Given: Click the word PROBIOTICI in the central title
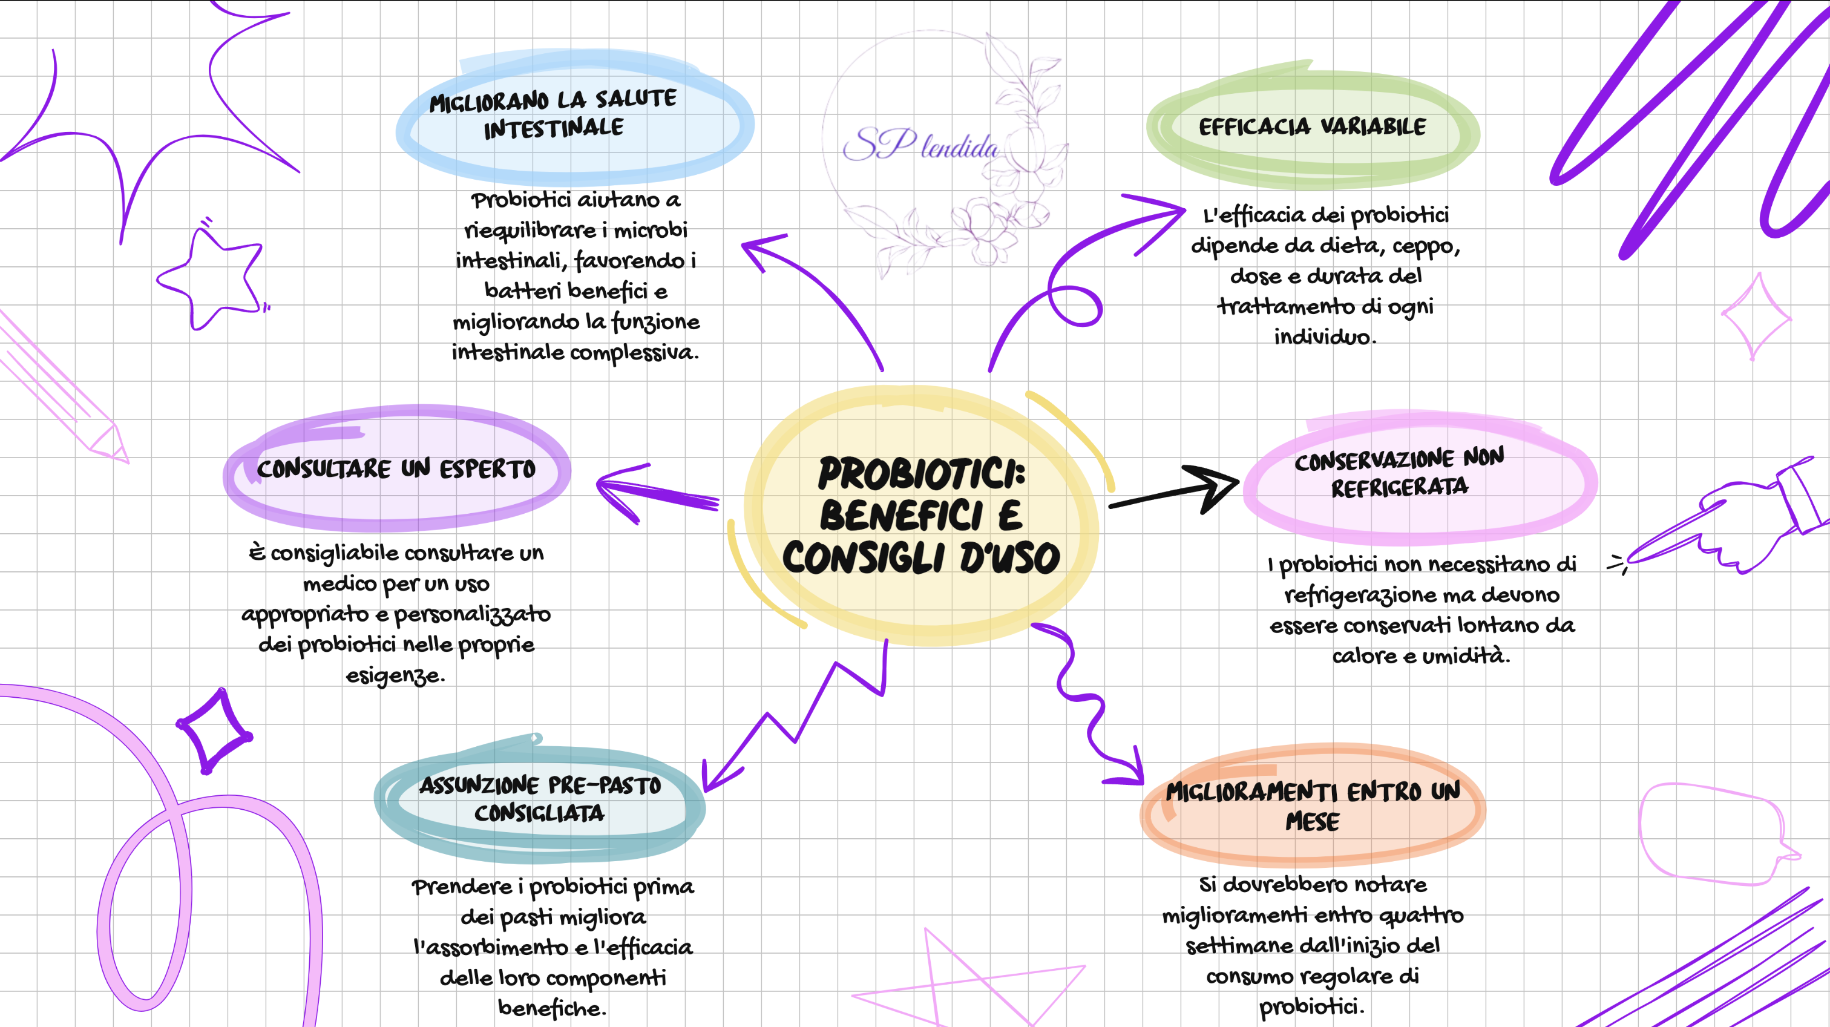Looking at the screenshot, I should pos(922,474).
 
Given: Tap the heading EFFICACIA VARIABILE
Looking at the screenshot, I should pos(1312,127).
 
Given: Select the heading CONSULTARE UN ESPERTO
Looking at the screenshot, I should pos(396,469).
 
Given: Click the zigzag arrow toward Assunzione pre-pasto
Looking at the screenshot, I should pos(796,724).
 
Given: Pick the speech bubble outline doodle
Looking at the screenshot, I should pos(1712,835).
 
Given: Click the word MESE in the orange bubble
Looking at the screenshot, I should pos(1312,822).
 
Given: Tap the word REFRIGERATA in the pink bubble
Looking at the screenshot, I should pos(1400,488).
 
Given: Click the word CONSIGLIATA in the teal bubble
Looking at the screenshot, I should pos(539,813).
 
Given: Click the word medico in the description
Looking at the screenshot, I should pos(340,584).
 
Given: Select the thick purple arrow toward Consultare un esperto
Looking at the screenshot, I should pos(657,491).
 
